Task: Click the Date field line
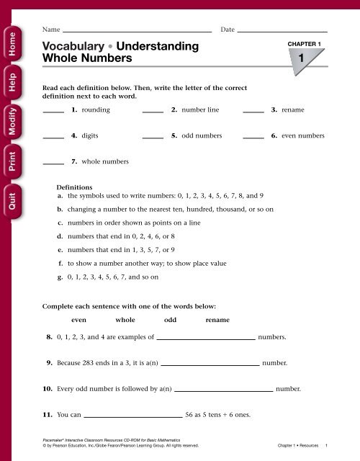pos(282,32)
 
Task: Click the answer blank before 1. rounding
pos(53,112)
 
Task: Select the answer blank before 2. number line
pos(153,112)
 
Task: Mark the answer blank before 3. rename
pos(253,112)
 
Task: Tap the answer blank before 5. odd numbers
pos(153,138)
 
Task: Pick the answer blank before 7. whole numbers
pos(53,164)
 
